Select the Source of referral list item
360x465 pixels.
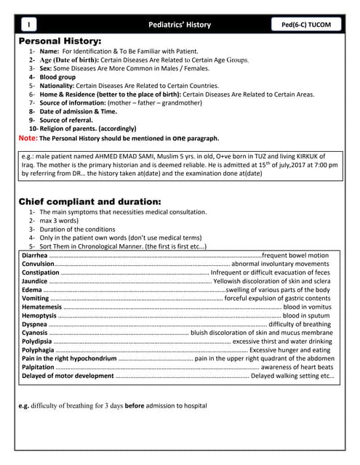[x=70, y=120]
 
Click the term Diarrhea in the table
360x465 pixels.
[x=35, y=256]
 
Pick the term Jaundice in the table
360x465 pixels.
[x=35, y=281]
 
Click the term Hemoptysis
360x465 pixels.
[x=39, y=316]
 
